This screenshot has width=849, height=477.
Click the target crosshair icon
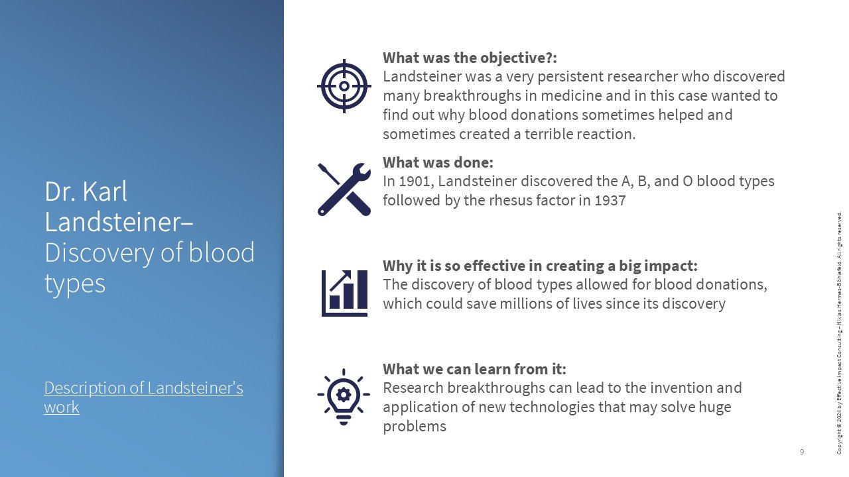[344, 85]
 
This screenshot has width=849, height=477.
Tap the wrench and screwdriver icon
[344, 189]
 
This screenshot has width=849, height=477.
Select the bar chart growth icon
[344, 293]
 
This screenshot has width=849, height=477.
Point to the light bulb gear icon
[344, 396]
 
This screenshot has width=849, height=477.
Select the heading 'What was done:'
[438, 162]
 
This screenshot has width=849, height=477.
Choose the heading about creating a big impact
[540, 266]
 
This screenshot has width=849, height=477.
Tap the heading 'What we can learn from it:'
[474, 369]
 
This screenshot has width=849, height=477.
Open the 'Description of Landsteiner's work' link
[143, 397]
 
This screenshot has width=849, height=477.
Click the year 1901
[417, 181]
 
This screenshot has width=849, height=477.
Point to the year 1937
[610, 200]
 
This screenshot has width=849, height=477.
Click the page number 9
[802, 452]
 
